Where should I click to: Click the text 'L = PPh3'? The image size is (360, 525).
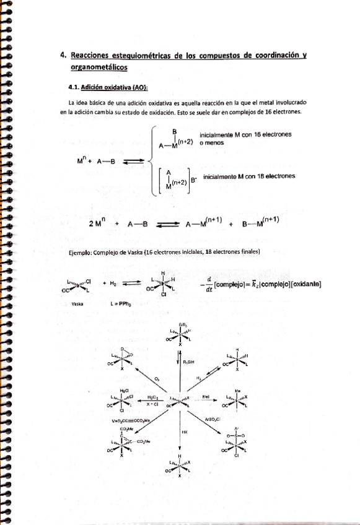pyautogui.click(x=119, y=304)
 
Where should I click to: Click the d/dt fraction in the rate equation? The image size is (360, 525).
pyautogui.click(x=208, y=284)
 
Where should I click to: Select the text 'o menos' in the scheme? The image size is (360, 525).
pyautogui.click(x=211, y=142)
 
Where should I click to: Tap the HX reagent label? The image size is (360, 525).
pyautogui.click(x=185, y=430)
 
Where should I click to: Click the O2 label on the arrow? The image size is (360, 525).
pyautogui.click(x=156, y=376)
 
